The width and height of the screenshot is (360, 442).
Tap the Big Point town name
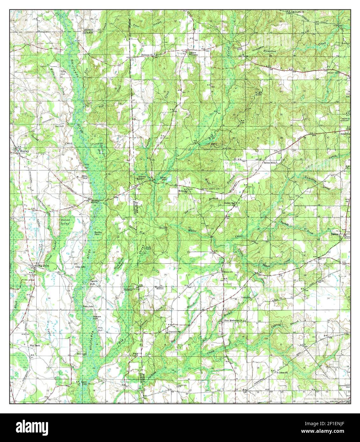pyautogui.click(x=40, y=265)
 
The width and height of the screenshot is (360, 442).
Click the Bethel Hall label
pyautogui.click(x=229, y=203)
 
